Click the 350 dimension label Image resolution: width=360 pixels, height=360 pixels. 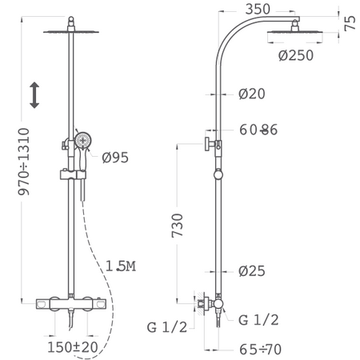click(258, 9)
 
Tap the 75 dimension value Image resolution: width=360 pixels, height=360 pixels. click(350, 23)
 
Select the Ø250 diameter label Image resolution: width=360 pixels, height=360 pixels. click(296, 55)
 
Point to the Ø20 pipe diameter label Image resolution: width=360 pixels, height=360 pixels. click(252, 94)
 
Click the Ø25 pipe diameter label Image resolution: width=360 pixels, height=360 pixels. click(252, 271)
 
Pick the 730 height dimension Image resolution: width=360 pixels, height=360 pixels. click(177, 226)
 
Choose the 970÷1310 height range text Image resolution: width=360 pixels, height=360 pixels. click(24, 162)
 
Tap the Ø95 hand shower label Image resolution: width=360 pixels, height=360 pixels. click(115, 158)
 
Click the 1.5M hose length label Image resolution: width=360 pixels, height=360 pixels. click(121, 266)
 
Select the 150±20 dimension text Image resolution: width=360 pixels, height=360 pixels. click(73, 347)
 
